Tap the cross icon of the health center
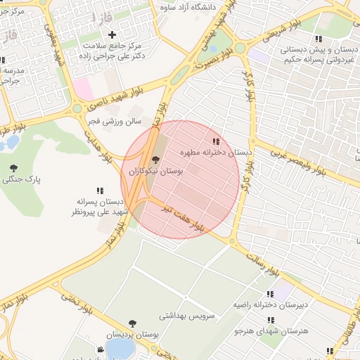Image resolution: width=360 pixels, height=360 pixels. [111, 34]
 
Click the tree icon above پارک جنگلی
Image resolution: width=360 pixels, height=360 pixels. [13, 167]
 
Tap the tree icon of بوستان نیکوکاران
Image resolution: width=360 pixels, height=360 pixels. [155, 160]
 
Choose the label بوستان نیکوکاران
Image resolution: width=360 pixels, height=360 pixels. [155, 172]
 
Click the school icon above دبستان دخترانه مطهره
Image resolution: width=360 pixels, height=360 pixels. [215, 141]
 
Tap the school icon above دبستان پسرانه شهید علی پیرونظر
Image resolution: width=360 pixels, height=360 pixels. [100, 191]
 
